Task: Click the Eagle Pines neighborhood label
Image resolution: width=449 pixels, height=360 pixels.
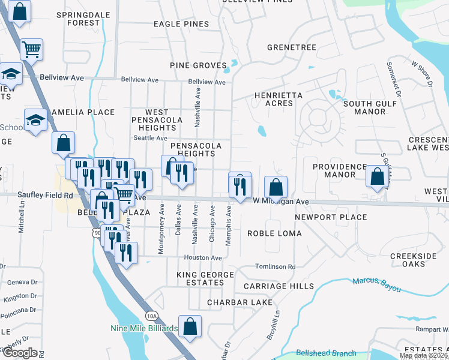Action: click(x=181, y=24)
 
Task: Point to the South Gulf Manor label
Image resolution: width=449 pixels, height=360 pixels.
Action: click(x=364, y=107)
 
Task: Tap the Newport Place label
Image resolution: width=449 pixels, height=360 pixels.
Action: click(x=331, y=217)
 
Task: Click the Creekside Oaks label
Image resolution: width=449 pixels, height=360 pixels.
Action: click(x=413, y=260)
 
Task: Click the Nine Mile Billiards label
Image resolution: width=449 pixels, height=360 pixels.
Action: click(x=144, y=328)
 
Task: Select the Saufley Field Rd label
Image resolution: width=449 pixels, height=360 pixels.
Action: click(x=45, y=195)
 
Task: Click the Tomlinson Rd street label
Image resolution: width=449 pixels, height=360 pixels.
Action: click(x=275, y=267)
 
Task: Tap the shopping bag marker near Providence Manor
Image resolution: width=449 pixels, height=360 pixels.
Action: click(x=377, y=177)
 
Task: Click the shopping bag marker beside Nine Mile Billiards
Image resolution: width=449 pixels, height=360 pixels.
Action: click(x=190, y=326)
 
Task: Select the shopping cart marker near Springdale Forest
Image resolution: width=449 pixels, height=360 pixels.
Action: click(x=31, y=49)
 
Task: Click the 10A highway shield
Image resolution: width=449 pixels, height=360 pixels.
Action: click(x=152, y=316)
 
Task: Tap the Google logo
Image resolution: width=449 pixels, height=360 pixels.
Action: click(x=19, y=353)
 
